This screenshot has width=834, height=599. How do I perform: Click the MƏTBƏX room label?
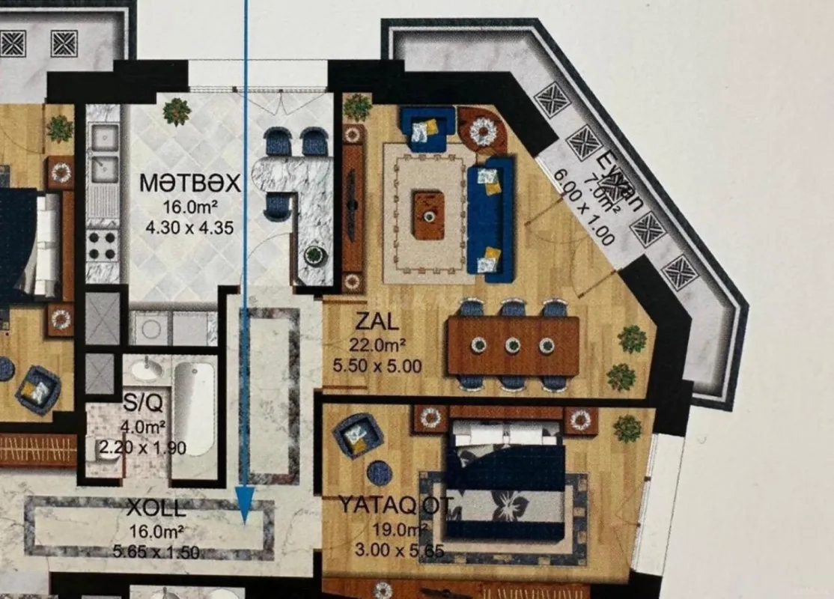pos(190,183)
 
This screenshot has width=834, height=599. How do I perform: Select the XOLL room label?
pos(156,508)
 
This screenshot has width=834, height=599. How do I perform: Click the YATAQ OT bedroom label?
pos(395,505)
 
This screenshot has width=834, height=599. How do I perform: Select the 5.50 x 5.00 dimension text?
pos(377,366)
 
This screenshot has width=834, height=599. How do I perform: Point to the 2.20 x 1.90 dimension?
pos(142,449)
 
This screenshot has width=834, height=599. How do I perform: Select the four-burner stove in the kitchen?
pos(103,244)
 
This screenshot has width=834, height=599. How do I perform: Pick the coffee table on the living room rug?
pos(429,216)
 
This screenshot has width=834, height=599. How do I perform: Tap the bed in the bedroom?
pos(507,479)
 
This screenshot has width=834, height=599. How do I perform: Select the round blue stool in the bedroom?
pos(380,472)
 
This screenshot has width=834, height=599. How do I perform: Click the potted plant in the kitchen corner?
pos(177,112)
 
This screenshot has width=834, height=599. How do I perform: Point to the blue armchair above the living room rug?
pos(426,128)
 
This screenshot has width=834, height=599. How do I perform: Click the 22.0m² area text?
pos(377,345)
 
